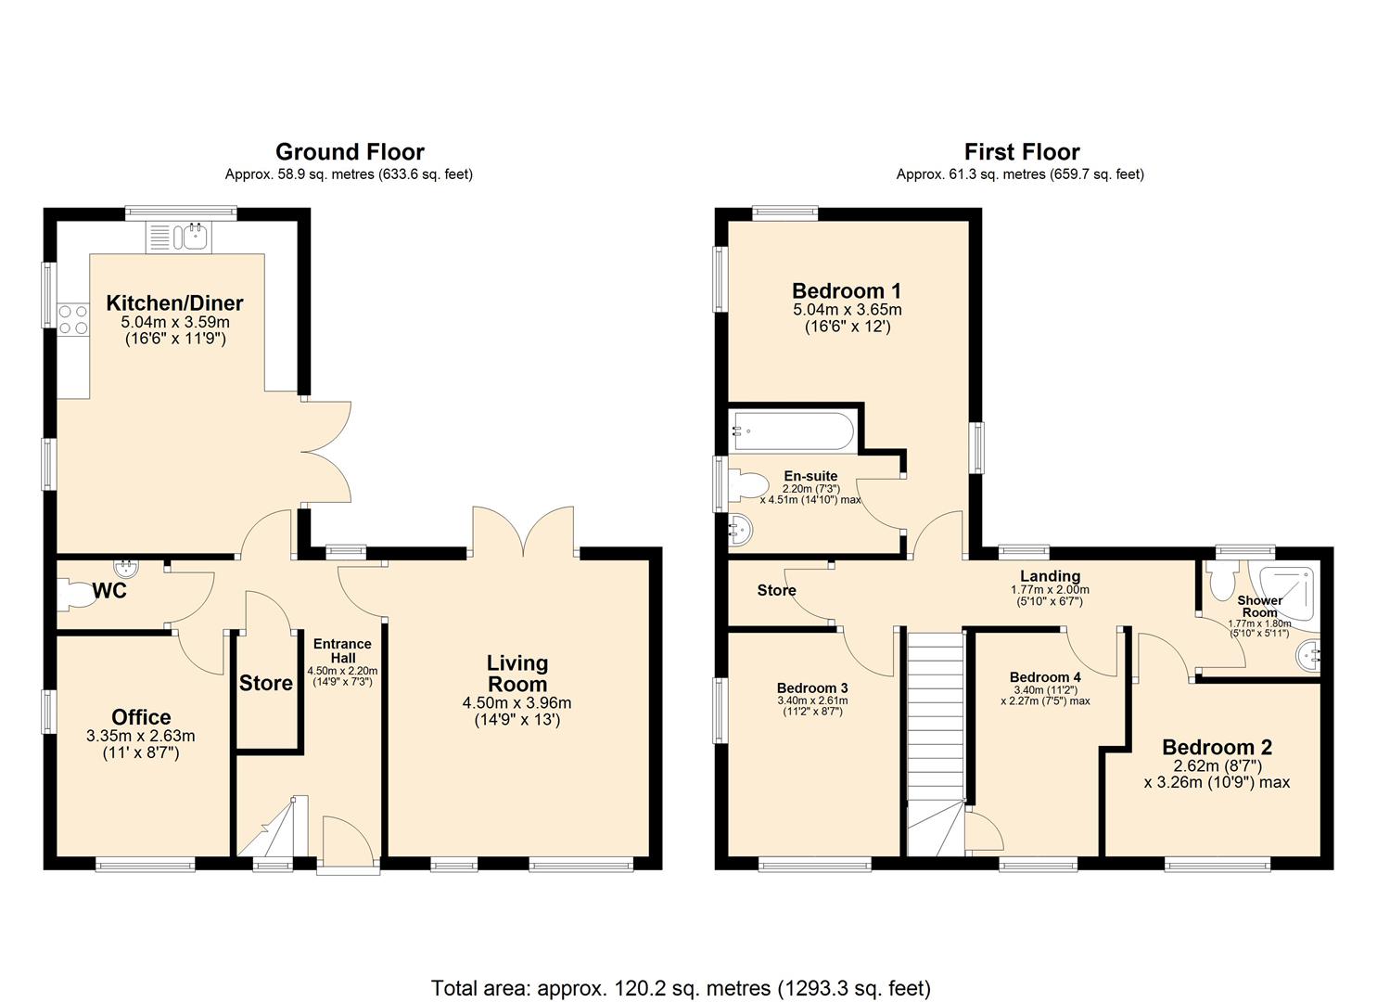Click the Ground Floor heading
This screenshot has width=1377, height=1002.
point(350,152)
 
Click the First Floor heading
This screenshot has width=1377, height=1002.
point(1021,152)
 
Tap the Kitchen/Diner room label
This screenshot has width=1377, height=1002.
point(174,303)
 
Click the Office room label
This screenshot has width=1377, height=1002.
point(141,717)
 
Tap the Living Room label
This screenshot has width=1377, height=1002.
point(517,674)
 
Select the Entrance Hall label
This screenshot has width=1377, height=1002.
point(342,650)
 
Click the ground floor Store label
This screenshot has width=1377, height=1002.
point(266,684)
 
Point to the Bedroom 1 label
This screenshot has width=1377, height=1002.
point(847,291)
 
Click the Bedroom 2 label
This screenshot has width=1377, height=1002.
point(1217,748)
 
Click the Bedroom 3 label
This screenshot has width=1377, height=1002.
point(812,688)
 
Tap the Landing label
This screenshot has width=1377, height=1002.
point(1050,576)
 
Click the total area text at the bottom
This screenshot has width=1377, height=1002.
point(681,988)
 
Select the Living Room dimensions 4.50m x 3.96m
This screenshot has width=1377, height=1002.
point(516,703)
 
